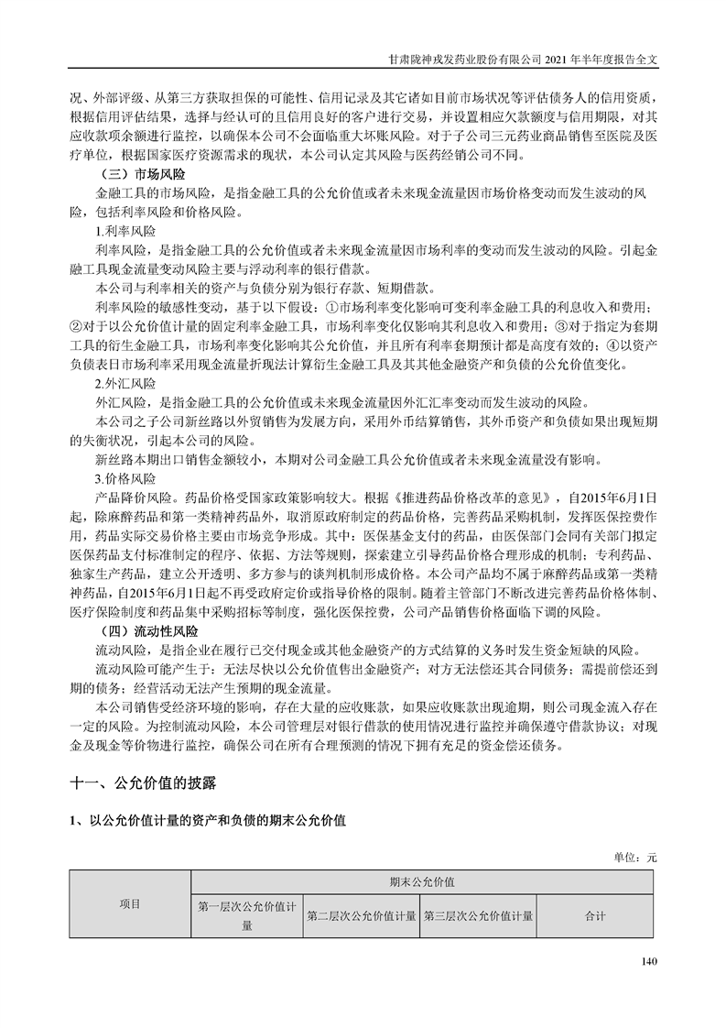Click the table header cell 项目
point(130,904)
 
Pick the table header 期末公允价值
point(422,881)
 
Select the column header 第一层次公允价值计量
point(247,915)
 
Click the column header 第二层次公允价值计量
point(362,915)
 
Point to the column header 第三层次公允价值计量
point(478,915)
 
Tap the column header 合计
point(595,915)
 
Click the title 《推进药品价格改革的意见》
point(477,497)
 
